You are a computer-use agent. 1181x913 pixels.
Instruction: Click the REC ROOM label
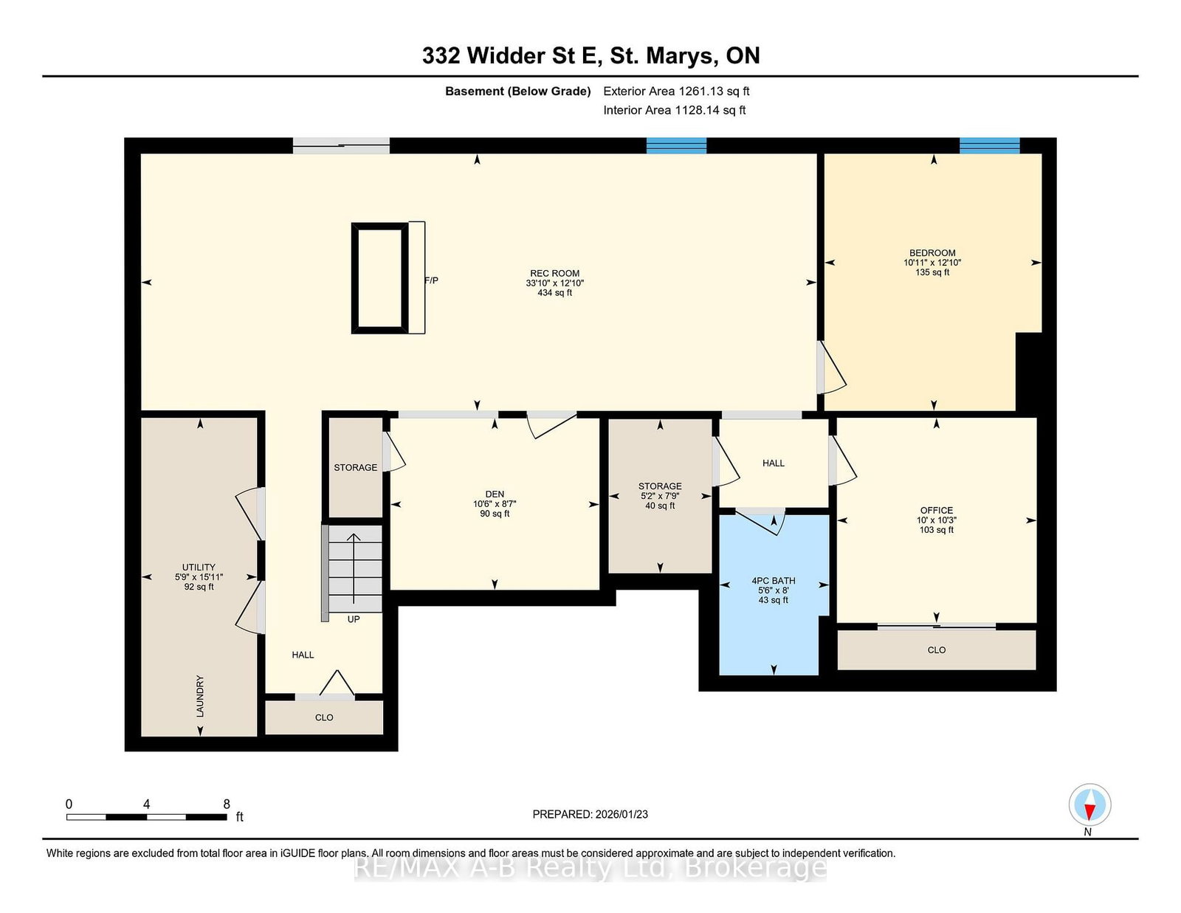coord(554,273)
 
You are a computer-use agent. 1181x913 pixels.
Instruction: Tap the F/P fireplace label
coord(432,280)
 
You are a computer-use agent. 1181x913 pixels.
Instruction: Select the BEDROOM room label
coord(932,252)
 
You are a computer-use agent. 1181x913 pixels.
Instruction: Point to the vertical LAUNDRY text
coord(200,695)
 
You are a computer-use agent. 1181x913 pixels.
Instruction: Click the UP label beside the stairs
coord(354,619)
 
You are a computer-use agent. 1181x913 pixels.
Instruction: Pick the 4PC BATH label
coord(774,581)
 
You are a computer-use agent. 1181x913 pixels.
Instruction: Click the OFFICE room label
coord(937,510)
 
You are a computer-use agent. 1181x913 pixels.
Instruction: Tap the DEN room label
coord(495,494)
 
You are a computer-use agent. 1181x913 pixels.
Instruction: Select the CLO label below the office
coord(937,650)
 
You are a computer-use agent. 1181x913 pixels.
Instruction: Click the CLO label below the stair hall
coord(324,717)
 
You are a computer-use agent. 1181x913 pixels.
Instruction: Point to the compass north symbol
coord(1089,805)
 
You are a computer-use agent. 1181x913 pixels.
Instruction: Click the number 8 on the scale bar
coord(227,804)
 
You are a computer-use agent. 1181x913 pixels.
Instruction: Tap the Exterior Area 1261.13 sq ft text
coord(676,92)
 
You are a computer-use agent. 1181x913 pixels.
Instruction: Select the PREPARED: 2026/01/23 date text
coord(590,814)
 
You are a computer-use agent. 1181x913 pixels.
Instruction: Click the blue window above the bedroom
coord(989,145)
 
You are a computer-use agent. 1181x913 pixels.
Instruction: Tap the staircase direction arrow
coord(354,568)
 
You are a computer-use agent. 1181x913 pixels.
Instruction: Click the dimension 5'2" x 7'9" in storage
coord(660,496)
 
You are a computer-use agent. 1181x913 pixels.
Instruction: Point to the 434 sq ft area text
coord(554,292)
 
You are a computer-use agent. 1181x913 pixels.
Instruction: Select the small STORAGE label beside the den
coord(356,467)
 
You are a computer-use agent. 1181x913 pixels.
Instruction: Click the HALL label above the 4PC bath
coord(774,463)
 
